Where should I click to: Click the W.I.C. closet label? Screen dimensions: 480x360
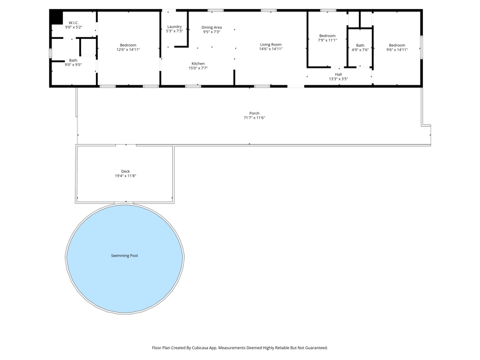coord(73,23)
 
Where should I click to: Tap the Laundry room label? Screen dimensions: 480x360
coord(175,26)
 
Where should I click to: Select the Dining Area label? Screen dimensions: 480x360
coord(212,27)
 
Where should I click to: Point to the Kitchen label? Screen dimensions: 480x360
coord(198,64)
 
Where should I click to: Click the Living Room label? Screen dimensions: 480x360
coord(271,44)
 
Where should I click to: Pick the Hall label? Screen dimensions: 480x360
coord(338,74)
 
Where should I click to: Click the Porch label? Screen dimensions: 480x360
coord(254,113)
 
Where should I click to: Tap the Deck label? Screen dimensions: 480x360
coord(125,172)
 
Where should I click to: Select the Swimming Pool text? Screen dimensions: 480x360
coord(124,256)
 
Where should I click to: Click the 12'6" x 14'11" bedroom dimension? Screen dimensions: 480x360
coord(128,50)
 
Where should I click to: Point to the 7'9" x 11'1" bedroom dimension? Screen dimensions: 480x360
coord(327,40)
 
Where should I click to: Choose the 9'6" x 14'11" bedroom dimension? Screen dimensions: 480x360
coord(397,50)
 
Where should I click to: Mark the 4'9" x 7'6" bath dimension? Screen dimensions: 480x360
coord(360,50)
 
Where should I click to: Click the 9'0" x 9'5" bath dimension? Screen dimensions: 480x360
coord(73,65)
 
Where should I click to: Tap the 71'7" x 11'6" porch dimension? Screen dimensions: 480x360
coord(254,118)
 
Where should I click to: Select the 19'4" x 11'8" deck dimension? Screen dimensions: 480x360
coord(125,176)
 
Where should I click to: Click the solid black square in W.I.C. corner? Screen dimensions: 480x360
coord(56,17)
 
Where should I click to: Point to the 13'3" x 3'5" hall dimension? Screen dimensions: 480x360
coord(338,79)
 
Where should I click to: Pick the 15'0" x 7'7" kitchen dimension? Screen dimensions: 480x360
coord(198,68)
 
